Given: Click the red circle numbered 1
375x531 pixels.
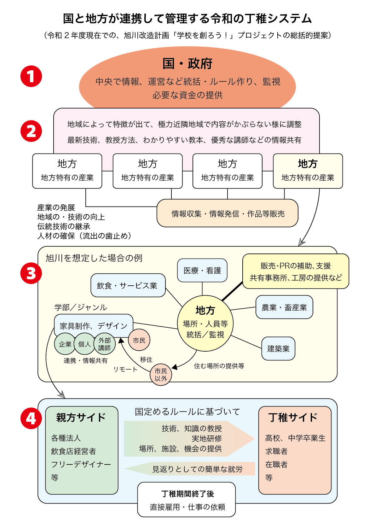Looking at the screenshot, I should (x=31, y=76).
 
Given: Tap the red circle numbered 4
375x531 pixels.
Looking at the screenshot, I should (x=31, y=418).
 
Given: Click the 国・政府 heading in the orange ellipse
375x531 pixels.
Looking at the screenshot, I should (x=187, y=64).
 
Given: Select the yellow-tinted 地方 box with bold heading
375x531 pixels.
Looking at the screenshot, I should (x=308, y=171).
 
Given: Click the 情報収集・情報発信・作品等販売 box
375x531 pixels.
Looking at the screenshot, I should (x=228, y=213).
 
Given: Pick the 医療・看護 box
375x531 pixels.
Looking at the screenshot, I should (x=202, y=271).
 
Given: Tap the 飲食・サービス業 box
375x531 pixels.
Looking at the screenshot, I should (x=128, y=285).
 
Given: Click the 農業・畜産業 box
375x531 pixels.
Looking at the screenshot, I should (x=284, y=307).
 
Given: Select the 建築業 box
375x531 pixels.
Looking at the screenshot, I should (x=278, y=348).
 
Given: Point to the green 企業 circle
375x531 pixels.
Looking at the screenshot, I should (x=65, y=344).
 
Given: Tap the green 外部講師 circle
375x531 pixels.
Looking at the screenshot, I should (x=105, y=344).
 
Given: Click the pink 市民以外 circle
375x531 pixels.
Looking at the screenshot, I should (x=161, y=375).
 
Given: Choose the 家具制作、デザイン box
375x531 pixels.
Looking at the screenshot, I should (x=94, y=325).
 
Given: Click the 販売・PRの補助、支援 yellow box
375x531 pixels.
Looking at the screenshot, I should (x=296, y=271).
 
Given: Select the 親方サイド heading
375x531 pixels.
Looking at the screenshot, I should (x=81, y=417).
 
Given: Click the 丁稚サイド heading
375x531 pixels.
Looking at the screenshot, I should (x=293, y=417).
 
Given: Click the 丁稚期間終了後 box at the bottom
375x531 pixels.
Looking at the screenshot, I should (x=187, y=499).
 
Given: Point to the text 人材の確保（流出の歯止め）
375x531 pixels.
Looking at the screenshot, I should (x=84, y=236).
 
